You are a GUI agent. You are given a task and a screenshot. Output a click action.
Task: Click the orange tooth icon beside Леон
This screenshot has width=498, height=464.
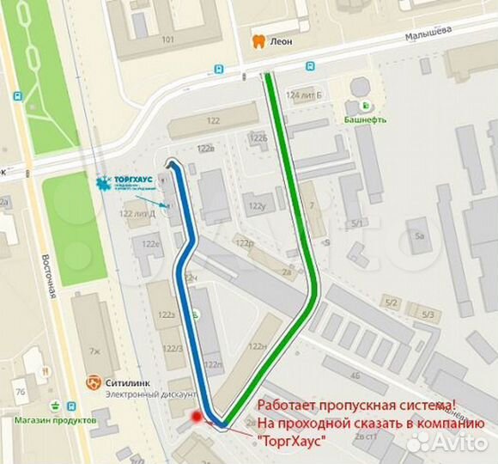click(x=255, y=40)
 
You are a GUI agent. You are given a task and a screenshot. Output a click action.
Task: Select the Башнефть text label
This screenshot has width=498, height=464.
click(x=366, y=119)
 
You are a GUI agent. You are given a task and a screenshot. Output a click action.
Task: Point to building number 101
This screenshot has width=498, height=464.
click(x=167, y=40)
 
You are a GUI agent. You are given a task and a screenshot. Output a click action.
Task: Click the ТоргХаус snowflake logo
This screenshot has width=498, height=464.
click(x=105, y=183)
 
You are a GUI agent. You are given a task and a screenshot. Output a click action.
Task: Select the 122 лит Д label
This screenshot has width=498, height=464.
click(x=137, y=213)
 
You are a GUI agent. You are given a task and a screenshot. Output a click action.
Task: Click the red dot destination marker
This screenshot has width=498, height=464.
click(x=197, y=417)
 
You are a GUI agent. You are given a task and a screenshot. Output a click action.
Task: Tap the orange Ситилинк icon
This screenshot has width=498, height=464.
click(x=94, y=382)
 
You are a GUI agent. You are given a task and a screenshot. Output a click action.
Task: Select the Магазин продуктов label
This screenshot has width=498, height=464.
click(x=54, y=420)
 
